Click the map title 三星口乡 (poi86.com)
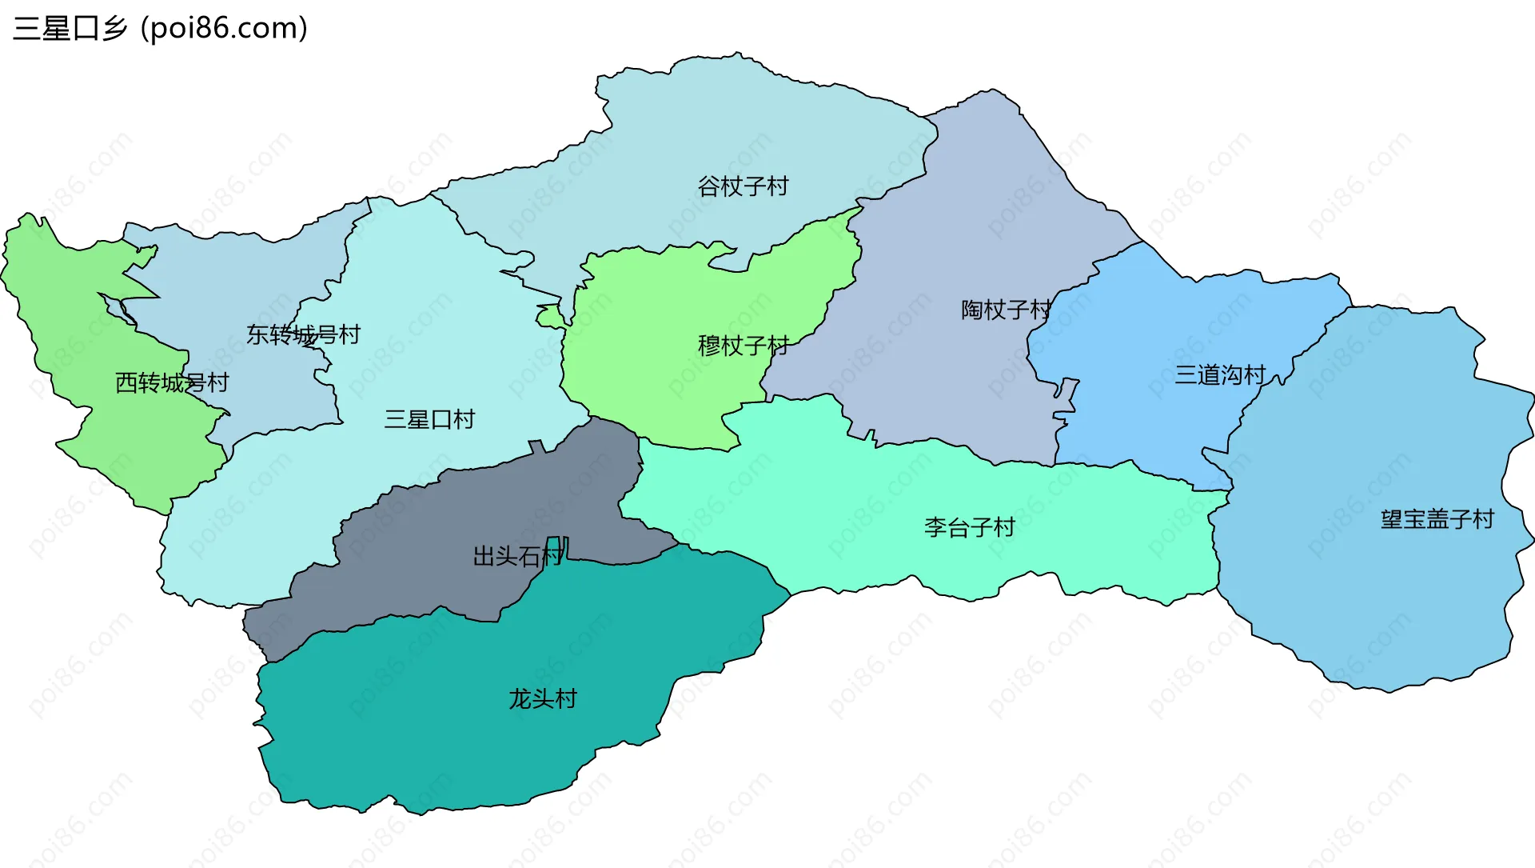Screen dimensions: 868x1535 (160, 28)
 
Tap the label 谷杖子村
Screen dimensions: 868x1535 (743, 186)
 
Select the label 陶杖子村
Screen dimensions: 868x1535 (1006, 310)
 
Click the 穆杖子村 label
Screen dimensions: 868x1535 (744, 346)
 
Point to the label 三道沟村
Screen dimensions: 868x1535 (1220, 374)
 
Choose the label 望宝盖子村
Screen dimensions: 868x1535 (1437, 519)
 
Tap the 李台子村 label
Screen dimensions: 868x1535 (969, 527)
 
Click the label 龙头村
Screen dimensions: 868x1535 (543, 698)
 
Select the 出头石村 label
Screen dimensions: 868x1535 (518, 555)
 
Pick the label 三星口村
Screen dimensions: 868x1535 (429, 418)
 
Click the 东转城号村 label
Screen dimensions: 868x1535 (303, 334)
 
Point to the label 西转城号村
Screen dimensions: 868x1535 (172, 382)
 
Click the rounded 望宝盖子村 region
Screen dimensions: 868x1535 (1375, 600)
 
